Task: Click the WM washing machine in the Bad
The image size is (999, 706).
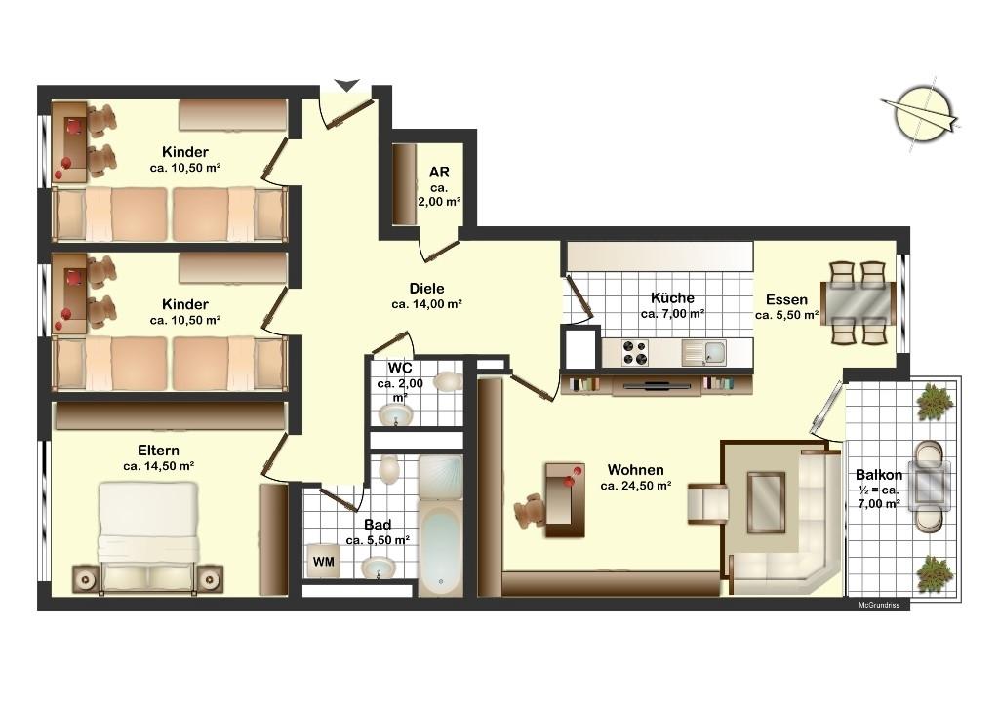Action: tap(322, 561)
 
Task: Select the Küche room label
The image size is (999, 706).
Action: tap(672, 298)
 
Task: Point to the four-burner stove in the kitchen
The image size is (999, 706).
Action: tap(635, 353)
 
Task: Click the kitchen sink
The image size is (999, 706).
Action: tap(704, 353)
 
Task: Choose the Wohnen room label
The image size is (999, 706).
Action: tap(635, 470)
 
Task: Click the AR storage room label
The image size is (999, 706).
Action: tap(439, 172)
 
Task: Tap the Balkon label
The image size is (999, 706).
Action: tap(879, 475)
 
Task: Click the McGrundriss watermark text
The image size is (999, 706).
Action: tap(879, 605)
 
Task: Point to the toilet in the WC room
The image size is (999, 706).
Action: tap(448, 381)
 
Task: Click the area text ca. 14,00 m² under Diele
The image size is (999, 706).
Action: tap(426, 304)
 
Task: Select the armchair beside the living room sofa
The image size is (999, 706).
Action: tap(708, 503)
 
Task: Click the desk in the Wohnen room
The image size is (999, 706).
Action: tap(565, 499)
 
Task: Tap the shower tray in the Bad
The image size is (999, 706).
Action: tap(441, 476)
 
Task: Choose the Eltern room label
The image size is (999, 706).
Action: tap(158, 451)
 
